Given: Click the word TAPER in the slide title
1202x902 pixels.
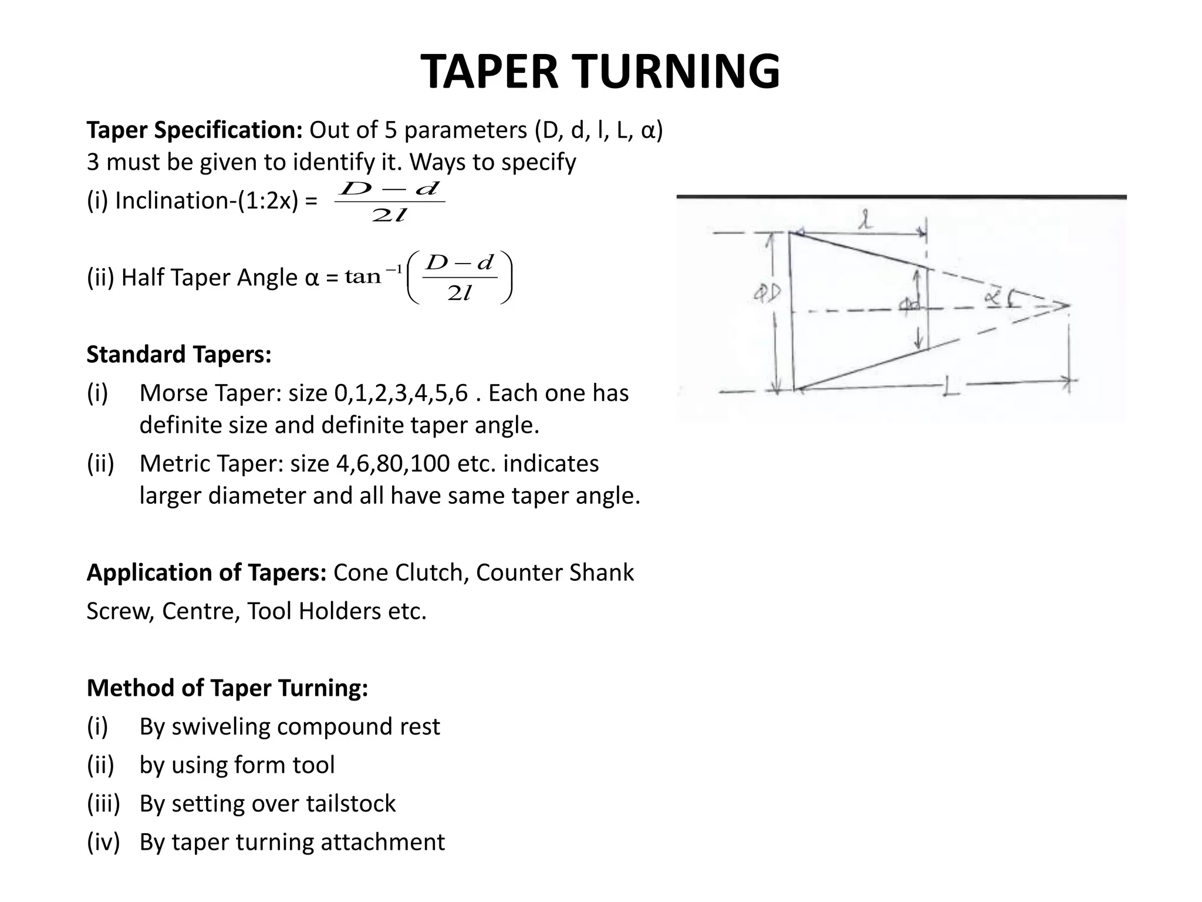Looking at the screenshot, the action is tap(490, 72).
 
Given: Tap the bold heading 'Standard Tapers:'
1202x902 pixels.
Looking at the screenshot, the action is tap(179, 355).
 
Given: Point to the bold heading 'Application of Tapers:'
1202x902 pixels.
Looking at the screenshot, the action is tap(207, 573).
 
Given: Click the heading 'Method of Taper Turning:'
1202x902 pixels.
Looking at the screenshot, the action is tap(228, 688).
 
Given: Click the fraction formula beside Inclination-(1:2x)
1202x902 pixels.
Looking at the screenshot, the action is tap(390, 201).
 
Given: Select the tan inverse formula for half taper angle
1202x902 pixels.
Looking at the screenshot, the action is tap(429, 277).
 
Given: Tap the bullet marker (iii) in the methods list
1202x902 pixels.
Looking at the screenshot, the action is tap(103, 804).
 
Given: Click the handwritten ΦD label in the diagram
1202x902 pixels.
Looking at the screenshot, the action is tap(767, 292).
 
